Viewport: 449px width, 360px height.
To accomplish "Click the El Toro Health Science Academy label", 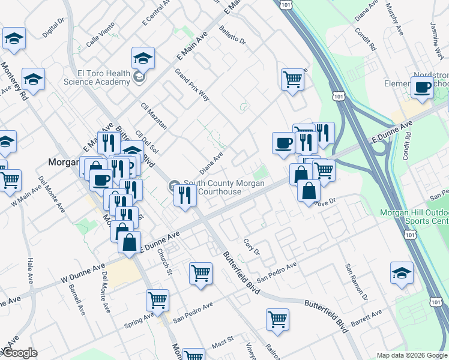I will (x=97, y=77).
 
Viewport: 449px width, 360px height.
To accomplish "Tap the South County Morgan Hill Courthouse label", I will (x=223, y=187).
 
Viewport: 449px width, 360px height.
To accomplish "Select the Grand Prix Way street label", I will (x=191, y=85).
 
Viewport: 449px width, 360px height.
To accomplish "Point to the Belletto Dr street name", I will (x=233, y=35).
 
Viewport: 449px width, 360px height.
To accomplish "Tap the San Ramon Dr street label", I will (x=355, y=282).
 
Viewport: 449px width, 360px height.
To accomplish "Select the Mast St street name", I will (x=222, y=343).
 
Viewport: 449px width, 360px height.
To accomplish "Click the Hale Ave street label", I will (x=31, y=270).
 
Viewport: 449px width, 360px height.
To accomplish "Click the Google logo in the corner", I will (x=19, y=353).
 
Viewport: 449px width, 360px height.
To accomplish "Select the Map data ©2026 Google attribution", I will (x=412, y=355).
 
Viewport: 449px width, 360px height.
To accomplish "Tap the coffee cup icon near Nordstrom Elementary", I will (x=423, y=87).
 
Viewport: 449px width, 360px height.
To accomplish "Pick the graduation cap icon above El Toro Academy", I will (x=143, y=58).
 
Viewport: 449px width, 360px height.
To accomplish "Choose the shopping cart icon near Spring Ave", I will (x=157, y=300).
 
